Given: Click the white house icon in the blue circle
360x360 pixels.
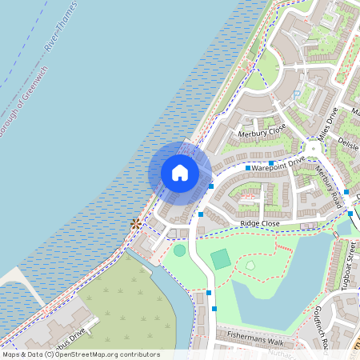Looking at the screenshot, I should (180, 173).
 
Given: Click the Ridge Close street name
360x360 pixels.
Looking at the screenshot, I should (254, 224).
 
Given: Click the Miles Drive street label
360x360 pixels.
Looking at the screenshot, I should (328, 124).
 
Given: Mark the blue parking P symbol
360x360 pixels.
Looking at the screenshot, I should (297, 94).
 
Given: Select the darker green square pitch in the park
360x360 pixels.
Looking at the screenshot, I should (221, 259).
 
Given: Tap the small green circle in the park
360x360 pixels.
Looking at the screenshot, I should (179, 250).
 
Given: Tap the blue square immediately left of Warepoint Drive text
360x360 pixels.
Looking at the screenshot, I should (248, 169).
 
